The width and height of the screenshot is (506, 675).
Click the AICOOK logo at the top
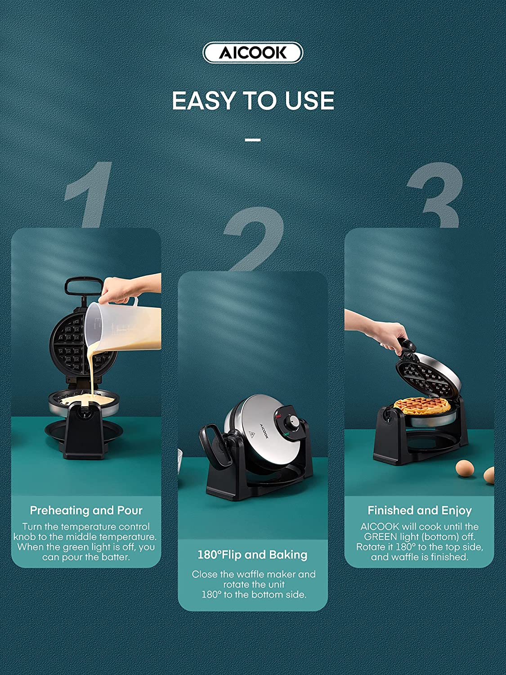pyautogui.click(x=252, y=53)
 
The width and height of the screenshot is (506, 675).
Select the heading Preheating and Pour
pyautogui.click(x=86, y=510)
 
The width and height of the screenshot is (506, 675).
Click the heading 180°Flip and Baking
pyautogui.click(x=252, y=554)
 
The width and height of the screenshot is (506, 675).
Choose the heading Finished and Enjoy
pyautogui.click(x=420, y=510)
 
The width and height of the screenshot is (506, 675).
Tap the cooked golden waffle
pyautogui.click(x=422, y=406)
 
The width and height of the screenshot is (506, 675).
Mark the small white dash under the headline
pyautogui.click(x=253, y=140)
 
